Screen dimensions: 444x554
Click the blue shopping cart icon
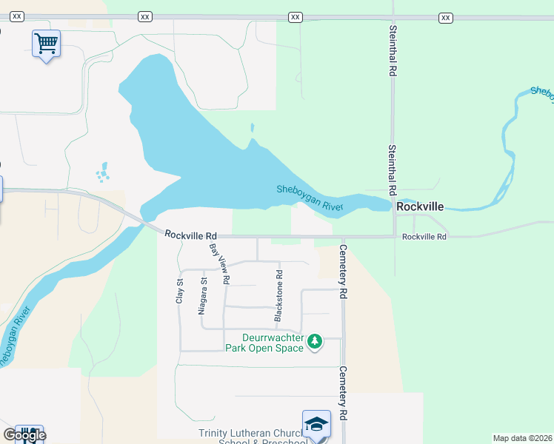pos(46,44)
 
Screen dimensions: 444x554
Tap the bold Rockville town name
pos(420,207)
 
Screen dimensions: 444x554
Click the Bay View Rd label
pos(220,264)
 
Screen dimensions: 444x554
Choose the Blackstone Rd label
pos(279,295)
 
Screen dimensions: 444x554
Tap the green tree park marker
pos(316,341)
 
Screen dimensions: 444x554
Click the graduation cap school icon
pos(316,425)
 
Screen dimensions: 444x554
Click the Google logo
pos(24,435)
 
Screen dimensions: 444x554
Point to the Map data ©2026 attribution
pos(521,438)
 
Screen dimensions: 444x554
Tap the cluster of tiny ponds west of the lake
pos(102,174)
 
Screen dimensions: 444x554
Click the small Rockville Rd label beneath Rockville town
pos(424,237)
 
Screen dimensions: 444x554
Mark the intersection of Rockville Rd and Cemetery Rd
pos(342,238)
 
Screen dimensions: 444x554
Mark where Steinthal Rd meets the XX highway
pos(393,16)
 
